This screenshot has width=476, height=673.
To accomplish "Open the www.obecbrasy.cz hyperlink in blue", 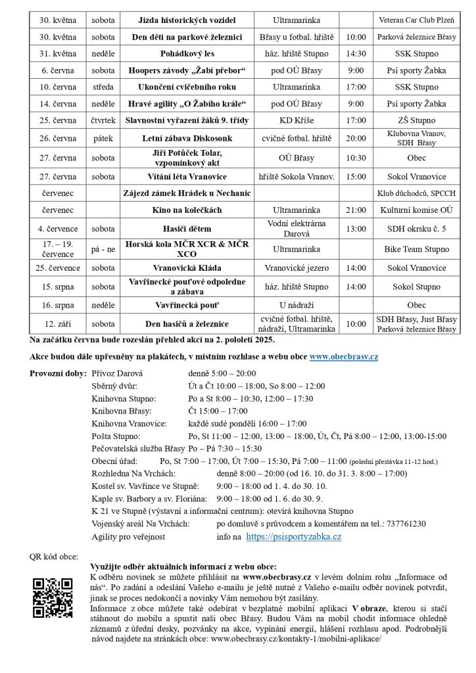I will pos(343,356).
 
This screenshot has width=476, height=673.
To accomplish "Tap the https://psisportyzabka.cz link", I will pos(293,537).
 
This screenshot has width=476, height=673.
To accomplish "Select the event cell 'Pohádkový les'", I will pos(187,54).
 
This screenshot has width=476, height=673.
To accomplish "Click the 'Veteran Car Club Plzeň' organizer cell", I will pos(416,20).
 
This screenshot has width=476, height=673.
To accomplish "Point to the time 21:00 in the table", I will pos(356,210).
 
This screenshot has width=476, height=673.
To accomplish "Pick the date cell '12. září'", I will pos(58,323).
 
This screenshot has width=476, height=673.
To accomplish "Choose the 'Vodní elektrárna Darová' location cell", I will pos(297,228).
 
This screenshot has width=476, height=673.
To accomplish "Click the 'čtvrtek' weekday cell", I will pos(103,120).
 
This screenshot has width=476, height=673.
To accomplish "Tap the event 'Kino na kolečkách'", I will pos(187,210).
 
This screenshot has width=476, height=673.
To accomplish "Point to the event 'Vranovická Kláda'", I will pos(187,268).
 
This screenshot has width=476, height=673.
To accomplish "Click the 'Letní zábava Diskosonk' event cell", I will pos(187,138).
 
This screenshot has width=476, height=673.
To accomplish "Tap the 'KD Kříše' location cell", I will pos(297,120).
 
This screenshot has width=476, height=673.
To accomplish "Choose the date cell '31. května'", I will pos(58,54).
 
